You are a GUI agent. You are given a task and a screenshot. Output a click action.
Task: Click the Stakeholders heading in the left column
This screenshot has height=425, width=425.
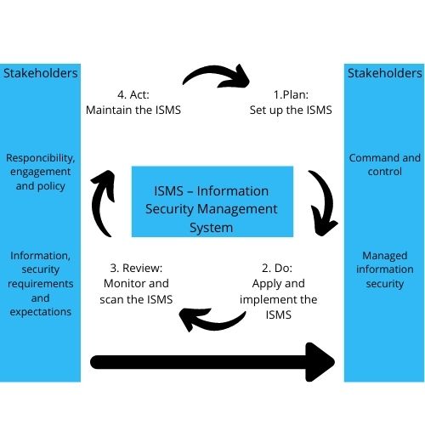click(41, 73)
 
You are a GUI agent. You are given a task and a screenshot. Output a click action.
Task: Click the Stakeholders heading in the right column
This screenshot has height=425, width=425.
click(384, 73)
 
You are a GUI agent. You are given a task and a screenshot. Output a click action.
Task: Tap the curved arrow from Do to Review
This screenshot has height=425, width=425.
click(215, 323)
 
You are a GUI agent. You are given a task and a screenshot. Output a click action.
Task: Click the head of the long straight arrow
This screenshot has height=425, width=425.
click(320, 362)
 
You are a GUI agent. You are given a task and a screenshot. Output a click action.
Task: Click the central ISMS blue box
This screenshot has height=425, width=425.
click(212, 201)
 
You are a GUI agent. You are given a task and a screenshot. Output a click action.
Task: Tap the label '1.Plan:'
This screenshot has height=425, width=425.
click(291, 94)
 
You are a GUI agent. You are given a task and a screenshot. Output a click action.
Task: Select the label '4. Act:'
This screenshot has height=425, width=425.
click(133, 94)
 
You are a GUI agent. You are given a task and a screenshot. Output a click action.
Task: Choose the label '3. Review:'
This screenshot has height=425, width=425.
click(136, 268)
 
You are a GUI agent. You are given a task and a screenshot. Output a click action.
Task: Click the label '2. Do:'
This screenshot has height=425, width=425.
click(277, 268)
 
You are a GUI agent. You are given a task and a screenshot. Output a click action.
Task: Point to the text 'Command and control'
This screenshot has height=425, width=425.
click(384, 165)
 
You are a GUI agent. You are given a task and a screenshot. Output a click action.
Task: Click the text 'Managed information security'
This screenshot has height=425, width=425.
click(384, 269)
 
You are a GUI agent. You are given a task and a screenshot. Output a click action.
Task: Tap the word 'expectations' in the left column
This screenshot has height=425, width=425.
click(41, 312)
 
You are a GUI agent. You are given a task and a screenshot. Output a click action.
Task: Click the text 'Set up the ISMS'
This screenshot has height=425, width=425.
click(291, 110)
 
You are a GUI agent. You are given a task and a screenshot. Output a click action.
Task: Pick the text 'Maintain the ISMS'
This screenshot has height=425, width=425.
click(133, 110)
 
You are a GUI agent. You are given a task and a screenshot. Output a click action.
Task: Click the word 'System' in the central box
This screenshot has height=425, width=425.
click(212, 228)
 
